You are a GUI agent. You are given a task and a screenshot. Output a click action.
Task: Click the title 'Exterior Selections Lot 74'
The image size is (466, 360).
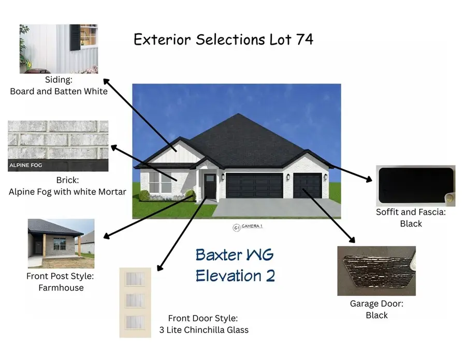223,39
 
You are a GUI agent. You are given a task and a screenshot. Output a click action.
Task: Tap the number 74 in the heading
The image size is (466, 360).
304,39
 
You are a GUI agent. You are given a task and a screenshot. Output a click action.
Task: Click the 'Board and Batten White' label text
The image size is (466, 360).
59,92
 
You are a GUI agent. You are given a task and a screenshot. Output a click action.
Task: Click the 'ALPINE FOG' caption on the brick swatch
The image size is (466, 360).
25,166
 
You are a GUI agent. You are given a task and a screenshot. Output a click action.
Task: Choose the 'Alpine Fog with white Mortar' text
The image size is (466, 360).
67,191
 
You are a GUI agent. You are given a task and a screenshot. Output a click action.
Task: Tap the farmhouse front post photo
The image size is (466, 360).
61,243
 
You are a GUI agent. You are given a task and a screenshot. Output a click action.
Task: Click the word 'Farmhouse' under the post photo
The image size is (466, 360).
61,288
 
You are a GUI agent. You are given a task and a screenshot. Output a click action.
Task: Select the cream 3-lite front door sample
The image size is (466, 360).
135,303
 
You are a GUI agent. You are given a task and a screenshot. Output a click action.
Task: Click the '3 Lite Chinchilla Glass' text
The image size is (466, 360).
204,329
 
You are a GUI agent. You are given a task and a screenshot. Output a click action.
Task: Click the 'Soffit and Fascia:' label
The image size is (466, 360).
411,212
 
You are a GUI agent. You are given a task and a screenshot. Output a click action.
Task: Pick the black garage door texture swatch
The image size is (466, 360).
376,271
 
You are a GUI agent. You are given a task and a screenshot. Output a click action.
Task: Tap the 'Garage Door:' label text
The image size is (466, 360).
376,304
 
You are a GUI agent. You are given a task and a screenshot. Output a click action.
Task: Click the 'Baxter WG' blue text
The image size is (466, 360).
235,255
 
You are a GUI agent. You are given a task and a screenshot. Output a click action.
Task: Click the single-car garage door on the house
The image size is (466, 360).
308,186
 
